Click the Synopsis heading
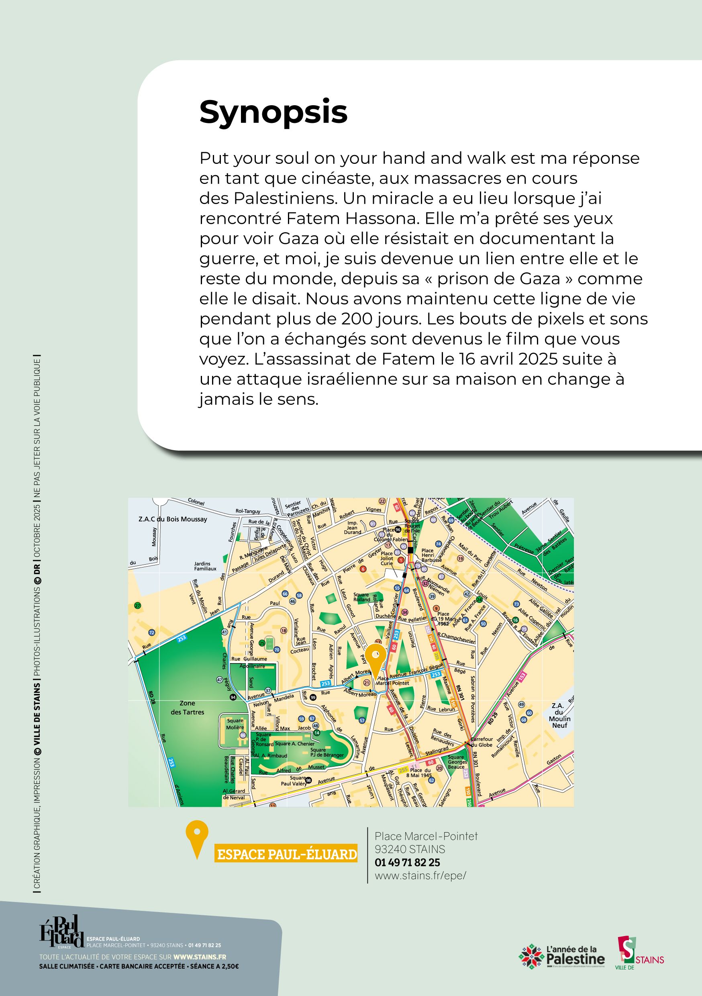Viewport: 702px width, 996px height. coord(273,112)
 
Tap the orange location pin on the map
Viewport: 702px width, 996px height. coord(375,656)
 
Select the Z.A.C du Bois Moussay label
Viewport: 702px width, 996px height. coord(173,519)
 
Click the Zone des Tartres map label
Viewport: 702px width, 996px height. coord(187,708)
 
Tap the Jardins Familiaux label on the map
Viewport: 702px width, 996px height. coord(205,566)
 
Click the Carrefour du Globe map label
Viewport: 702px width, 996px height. coord(482,742)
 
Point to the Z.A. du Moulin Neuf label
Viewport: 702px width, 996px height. coord(559,715)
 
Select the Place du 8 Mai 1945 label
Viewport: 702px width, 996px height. coord(419,773)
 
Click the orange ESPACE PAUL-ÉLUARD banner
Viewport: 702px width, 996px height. coord(286,854)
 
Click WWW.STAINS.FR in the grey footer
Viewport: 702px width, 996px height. coord(200,957)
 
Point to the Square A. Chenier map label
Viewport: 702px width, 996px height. coord(295,743)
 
